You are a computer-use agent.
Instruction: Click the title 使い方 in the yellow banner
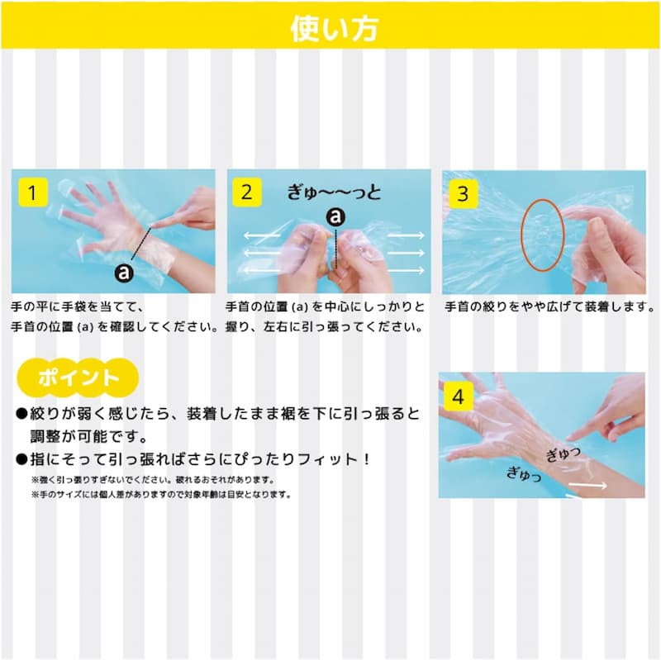click(x=334, y=29)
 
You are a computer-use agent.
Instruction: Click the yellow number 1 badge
click(x=33, y=192)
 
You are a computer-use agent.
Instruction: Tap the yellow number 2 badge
click(x=247, y=192)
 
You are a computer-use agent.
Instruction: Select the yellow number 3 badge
click(x=463, y=193)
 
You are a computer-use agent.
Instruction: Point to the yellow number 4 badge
click(x=459, y=396)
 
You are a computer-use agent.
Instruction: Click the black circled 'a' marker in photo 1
click(x=124, y=273)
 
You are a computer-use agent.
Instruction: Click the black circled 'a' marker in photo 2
click(x=335, y=217)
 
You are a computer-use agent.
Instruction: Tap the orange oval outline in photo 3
click(x=522, y=236)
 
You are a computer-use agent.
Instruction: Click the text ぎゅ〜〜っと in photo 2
click(x=334, y=192)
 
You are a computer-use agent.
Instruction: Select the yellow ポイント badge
click(x=78, y=377)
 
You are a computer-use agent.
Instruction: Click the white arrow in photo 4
click(x=587, y=486)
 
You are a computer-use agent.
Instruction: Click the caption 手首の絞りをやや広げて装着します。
click(x=549, y=306)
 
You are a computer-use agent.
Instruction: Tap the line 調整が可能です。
click(x=89, y=437)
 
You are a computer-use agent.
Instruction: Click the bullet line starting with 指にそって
click(x=193, y=459)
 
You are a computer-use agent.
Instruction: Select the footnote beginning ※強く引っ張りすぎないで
click(x=154, y=480)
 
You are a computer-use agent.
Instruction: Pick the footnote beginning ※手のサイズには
click(x=161, y=494)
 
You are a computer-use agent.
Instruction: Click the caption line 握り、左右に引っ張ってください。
click(x=324, y=327)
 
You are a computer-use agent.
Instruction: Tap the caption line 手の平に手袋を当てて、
click(x=78, y=306)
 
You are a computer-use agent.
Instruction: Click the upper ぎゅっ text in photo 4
click(x=564, y=454)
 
